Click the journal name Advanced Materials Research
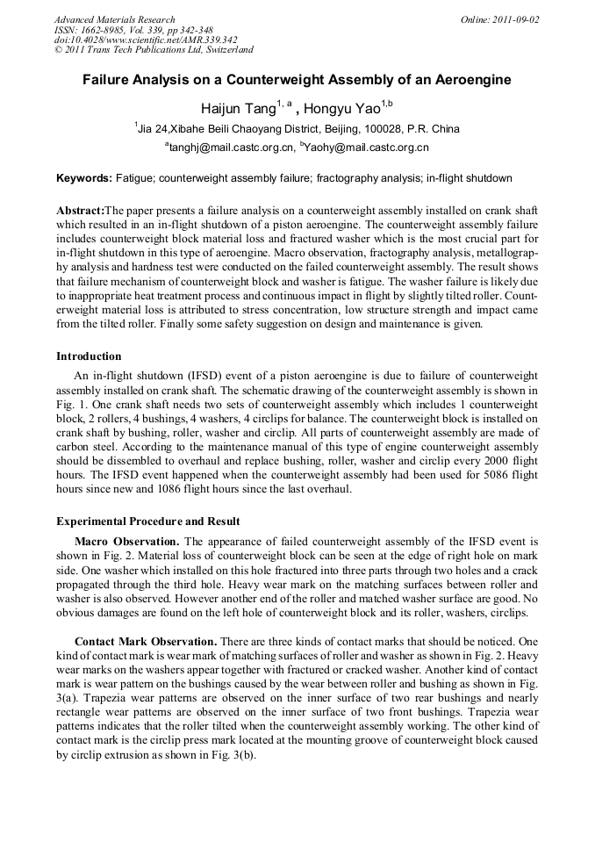(x=114, y=19)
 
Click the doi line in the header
(x=146, y=40)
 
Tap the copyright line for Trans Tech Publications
(x=154, y=51)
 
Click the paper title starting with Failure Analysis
(x=297, y=80)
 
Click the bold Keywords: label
(x=84, y=178)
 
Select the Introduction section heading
(x=89, y=356)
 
